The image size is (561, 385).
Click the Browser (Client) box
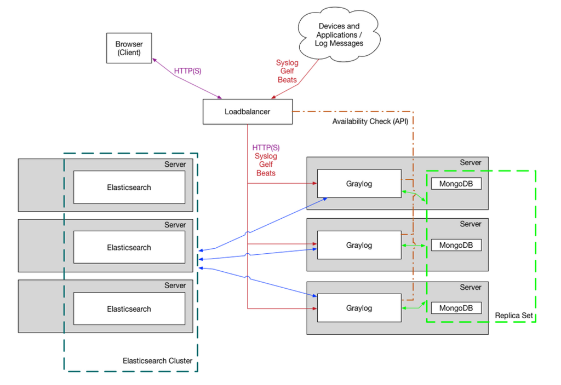[129, 48]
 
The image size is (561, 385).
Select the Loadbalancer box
[248, 112]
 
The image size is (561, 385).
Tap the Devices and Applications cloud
[339, 34]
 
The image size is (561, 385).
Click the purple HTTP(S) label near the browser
[187, 71]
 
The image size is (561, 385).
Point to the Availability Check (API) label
[370, 121]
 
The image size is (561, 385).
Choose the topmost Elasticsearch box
[129, 187]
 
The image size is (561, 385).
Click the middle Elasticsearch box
[129, 247]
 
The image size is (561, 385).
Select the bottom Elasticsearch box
[129, 308]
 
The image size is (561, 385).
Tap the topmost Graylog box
[359, 184]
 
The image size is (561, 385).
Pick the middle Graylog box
[359, 245]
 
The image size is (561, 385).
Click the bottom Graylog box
[359, 308]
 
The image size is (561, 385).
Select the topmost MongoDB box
[456, 184]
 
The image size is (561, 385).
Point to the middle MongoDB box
[456, 245]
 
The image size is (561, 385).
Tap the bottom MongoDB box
[456, 308]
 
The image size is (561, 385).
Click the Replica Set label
[514, 316]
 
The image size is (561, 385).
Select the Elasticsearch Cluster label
[157, 361]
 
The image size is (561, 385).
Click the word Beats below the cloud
[287, 80]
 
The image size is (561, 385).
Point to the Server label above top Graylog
[471, 162]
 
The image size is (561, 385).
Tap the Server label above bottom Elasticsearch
[175, 285]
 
